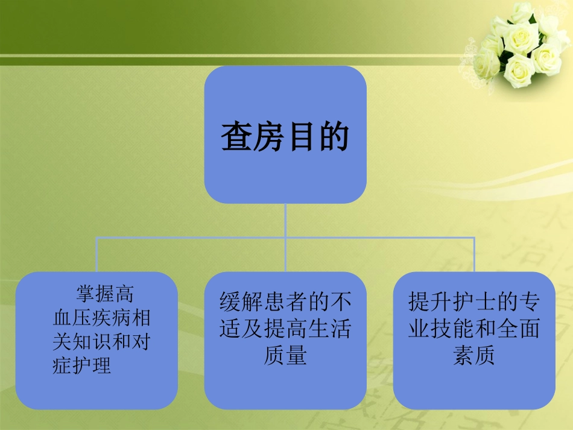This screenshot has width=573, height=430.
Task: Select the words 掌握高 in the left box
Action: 104,294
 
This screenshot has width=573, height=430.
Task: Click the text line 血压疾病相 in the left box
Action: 101,318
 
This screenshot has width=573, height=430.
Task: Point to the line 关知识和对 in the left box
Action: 101,342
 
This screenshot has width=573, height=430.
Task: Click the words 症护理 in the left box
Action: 82,365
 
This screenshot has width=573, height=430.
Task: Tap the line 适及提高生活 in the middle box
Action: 285,329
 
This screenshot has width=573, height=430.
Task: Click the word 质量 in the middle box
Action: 285,355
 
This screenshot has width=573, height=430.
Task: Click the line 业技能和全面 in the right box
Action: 474,329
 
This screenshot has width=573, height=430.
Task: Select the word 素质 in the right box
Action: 474,355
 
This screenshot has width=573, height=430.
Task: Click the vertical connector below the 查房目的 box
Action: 285,220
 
